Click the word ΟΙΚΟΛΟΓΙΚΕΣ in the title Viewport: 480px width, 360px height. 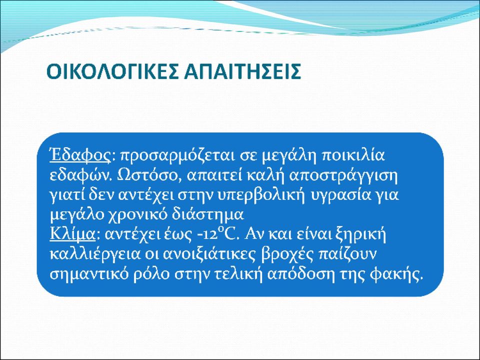112,71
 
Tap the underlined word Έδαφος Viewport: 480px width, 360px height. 80,155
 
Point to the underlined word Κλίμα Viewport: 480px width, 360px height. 72,234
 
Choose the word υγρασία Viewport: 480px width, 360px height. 340,195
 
